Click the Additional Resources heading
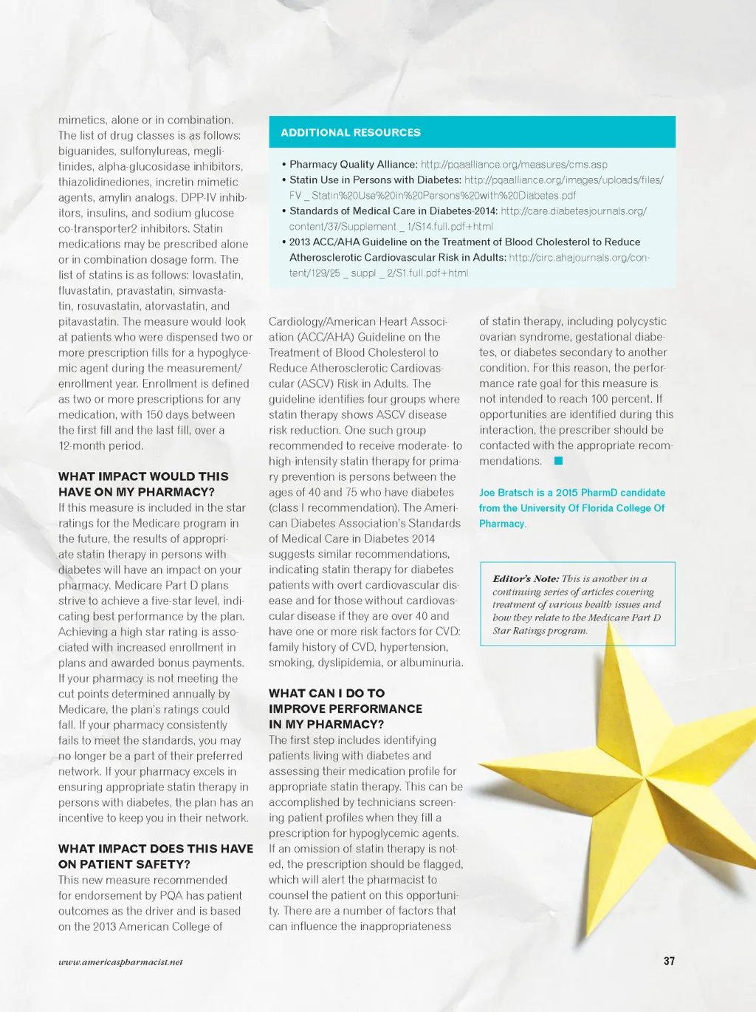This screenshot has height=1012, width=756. tap(351, 133)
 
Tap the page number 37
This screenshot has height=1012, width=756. tap(669, 961)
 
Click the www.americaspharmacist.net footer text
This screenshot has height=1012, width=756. tap(120, 962)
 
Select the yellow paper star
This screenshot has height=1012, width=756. tap(635, 768)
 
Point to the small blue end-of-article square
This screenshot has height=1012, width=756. tap(559, 461)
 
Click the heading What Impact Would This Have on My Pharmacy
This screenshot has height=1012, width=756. tap(143, 484)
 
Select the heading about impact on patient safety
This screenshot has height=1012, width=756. tap(155, 856)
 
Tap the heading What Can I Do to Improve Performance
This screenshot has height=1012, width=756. tap(345, 708)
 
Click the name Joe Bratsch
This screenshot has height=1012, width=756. tap(506, 493)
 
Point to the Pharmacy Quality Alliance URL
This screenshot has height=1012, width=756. tap(514, 165)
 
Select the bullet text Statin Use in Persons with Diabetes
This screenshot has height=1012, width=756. tap(375, 180)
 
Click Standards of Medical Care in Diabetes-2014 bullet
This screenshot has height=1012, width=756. tap(394, 211)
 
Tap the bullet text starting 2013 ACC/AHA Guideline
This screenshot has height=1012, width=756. tap(465, 242)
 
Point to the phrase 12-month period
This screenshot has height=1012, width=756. tap(101, 445)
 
